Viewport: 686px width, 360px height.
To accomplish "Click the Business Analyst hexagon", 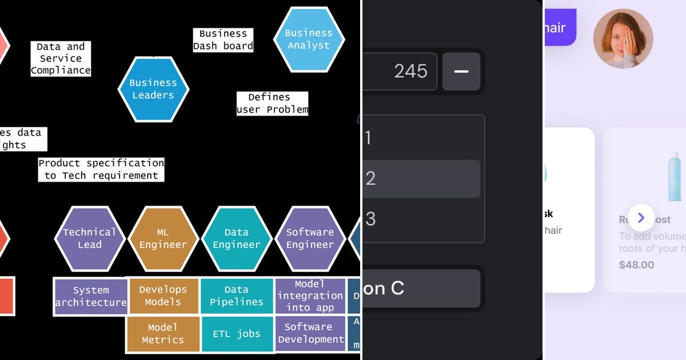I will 309,39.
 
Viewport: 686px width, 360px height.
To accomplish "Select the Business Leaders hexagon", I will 153,89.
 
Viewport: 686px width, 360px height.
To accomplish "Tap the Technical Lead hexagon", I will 90,238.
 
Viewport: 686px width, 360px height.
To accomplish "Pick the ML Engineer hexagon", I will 163,238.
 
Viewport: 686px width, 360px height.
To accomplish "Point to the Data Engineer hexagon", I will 236,238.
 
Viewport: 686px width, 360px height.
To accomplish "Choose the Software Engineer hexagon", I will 310,238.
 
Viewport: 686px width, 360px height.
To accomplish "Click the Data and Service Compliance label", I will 61,59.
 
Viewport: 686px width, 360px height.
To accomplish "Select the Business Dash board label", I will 223,40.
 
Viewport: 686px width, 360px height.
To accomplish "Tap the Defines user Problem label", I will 272,103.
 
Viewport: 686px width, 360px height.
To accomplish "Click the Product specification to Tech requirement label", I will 101,170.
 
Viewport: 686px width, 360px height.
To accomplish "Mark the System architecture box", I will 91,297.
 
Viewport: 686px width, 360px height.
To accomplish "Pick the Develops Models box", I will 163,296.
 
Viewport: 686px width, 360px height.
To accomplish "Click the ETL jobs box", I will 237,334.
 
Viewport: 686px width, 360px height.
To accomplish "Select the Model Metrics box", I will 162,334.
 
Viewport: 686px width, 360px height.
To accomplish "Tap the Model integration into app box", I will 310,296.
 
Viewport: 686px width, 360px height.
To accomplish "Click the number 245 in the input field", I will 410,71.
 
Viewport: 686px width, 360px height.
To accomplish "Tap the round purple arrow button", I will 641,218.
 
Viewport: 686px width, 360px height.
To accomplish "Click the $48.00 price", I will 636,265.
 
